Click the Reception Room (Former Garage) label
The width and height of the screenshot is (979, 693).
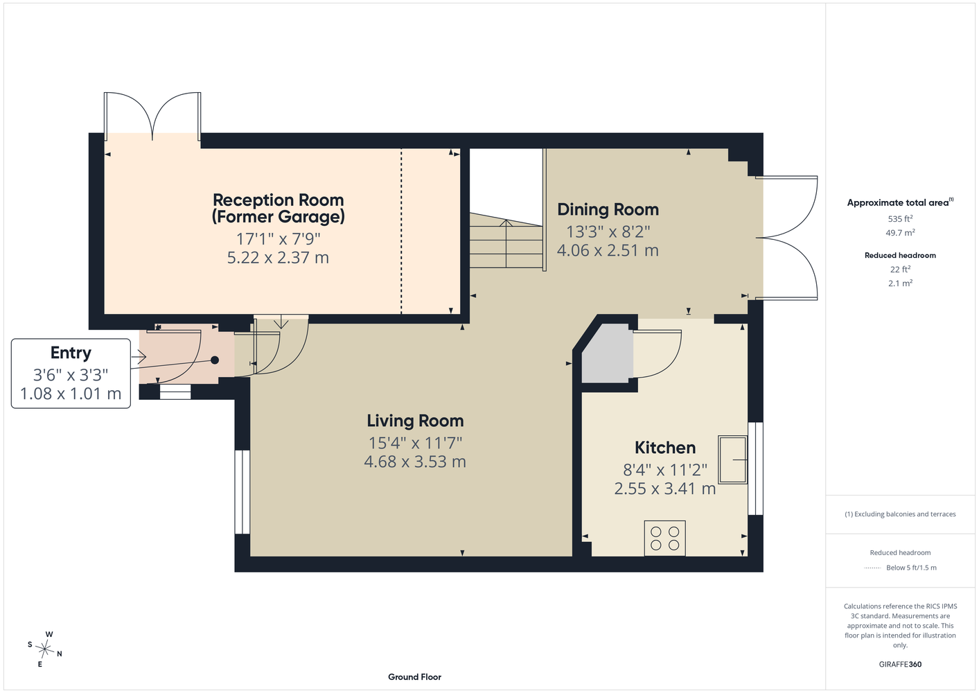click(x=279, y=208)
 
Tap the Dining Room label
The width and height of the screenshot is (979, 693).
click(x=608, y=209)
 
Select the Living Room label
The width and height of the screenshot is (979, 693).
click(x=415, y=421)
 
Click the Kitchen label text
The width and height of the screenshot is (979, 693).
click(x=665, y=448)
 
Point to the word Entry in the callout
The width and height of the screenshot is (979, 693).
click(x=71, y=353)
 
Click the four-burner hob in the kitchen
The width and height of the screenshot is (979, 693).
click(x=664, y=538)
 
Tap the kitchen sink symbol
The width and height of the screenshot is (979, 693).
click(x=732, y=459)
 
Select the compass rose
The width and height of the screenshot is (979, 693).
click(x=44, y=649)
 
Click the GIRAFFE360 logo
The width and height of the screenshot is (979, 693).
click(x=900, y=664)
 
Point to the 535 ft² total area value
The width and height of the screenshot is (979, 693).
click(x=900, y=218)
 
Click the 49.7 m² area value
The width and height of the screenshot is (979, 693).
click(x=900, y=233)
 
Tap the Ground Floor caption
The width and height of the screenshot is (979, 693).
click(x=415, y=677)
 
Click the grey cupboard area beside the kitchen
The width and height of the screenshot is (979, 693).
click(x=608, y=353)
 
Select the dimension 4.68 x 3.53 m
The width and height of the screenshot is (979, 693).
click(x=415, y=462)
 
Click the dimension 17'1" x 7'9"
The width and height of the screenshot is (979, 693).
click(x=279, y=239)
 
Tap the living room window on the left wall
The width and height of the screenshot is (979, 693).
click(x=242, y=492)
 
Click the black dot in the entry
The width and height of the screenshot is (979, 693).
click(x=215, y=360)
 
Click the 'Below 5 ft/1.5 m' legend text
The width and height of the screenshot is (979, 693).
click(x=911, y=568)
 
